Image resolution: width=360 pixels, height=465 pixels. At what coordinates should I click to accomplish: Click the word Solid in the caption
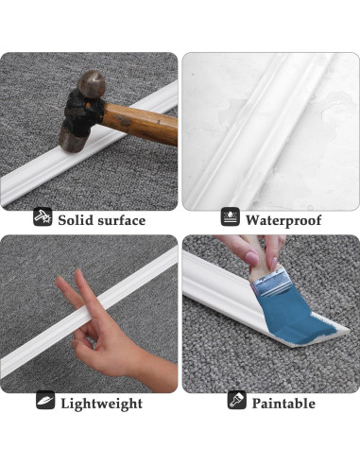pyautogui.click(x=77, y=220)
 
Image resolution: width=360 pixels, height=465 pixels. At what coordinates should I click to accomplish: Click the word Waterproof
pyautogui.click(x=283, y=220)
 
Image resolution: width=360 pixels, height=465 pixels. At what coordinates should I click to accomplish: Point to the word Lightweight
pyautogui.click(x=102, y=404)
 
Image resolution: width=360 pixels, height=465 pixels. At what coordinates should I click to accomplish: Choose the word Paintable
pyautogui.click(x=283, y=404)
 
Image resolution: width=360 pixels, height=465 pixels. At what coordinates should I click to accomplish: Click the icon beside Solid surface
pyautogui.click(x=43, y=219)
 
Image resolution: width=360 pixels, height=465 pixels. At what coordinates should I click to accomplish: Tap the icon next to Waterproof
pyautogui.click(x=230, y=219)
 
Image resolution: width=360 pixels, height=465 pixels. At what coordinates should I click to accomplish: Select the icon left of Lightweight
pyautogui.click(x=45, y=402)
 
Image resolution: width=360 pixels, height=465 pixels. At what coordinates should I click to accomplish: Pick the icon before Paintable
pyautogui.click(x=237, y=402)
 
